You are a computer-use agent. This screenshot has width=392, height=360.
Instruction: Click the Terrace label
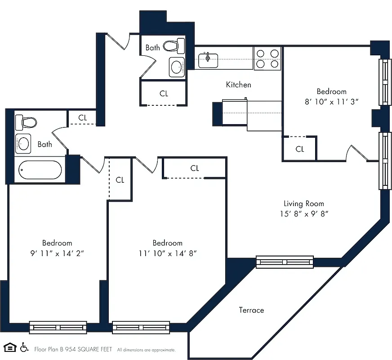251,310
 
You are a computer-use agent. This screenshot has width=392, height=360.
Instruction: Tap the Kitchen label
238,85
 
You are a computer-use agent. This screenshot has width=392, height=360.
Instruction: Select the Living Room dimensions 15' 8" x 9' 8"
303,214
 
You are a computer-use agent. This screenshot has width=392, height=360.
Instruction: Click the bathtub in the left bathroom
40,170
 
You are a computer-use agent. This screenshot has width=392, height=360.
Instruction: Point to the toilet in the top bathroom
174,45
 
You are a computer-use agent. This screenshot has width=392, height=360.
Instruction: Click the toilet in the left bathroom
25,122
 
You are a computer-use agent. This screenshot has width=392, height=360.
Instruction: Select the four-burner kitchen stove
267,58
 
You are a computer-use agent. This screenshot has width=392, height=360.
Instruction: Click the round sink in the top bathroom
177,67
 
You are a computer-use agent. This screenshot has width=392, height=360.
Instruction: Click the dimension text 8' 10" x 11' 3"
331,101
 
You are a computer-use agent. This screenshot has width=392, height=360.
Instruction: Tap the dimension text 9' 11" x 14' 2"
57,253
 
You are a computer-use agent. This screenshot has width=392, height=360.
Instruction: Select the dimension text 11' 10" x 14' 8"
167,253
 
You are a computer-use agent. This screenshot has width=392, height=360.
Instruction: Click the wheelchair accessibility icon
24,347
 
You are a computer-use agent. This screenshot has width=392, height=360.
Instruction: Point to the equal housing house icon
9,347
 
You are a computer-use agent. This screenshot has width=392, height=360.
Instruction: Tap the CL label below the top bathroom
164,94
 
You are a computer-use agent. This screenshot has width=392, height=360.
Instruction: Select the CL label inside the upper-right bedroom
300,149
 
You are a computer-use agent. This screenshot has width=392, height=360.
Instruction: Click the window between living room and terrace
285,261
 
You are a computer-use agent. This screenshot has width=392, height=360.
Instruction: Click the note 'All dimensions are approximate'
147,350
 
